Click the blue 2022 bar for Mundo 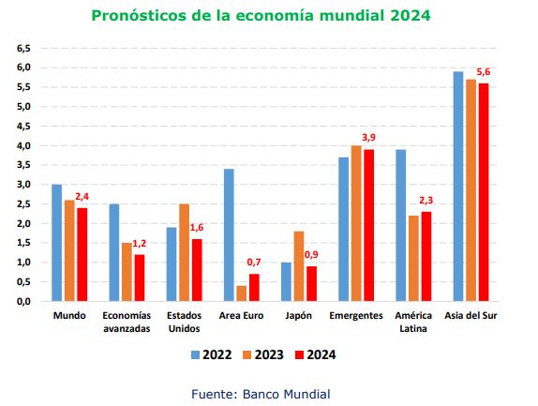(x=56, y=243)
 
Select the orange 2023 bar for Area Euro (x=242, y=293)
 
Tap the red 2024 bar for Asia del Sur (x=484, y=192)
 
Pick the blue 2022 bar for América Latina (x=401, y=225)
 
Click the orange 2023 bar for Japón (x=299, y=266)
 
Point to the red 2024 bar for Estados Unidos (x=197, y=270)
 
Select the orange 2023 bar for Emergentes (x=356, y=223)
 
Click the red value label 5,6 (x=483, y=72)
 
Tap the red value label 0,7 (x=254, y=263)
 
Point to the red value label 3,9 (x=369, y=138)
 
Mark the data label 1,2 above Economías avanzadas (x=140, y=244)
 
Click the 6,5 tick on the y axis (x=23, y=49)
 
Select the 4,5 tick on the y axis (x=23, y=127)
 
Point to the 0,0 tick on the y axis (x=23, y=302)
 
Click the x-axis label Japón (x=298, y=316)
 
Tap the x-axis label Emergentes (x=356, y=316)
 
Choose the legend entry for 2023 (x=263, y=354)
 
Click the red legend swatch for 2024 (x=300, y=354)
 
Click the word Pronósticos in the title (x=140, y=15)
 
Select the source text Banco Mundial (x=287, y=394)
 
